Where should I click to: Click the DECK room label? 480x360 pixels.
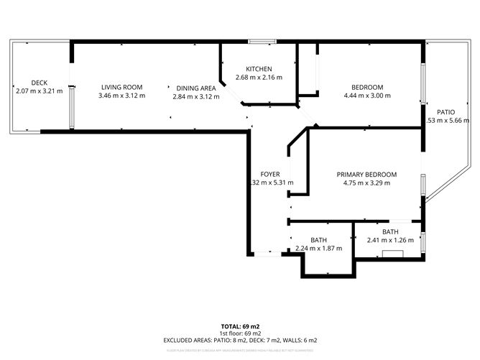coord(39,83)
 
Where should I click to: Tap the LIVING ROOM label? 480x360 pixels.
coord(121,87)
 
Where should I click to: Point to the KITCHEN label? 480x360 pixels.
coord(259,69)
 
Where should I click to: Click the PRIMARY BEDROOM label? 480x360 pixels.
coord(366,174)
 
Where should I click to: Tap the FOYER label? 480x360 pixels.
coord(269,174)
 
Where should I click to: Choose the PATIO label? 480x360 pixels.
coord(446,112)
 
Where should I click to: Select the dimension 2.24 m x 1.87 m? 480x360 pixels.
coord(318,249)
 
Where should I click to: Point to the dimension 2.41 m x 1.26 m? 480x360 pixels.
coord(390,241)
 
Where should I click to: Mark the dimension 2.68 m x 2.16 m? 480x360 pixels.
coord(259,78)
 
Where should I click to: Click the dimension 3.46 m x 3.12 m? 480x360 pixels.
coord(121,96)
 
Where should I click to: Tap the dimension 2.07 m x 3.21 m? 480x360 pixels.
coord(39,91)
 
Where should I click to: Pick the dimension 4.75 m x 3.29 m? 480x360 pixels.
coord(366,183)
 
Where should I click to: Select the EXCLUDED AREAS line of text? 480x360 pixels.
coord(240,340)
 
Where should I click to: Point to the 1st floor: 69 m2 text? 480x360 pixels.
coord(240,333)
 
